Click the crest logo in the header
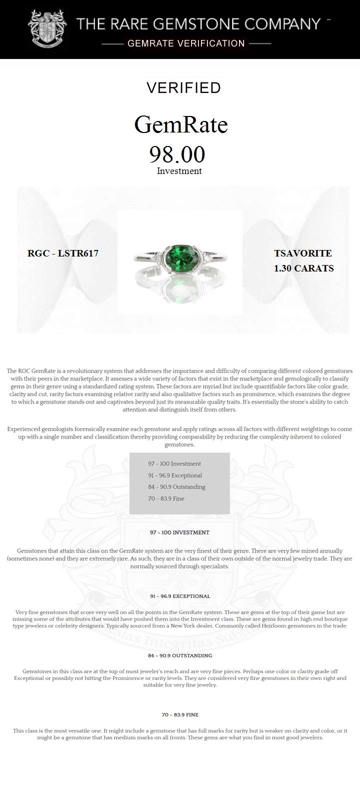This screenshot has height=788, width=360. tap(47, 29)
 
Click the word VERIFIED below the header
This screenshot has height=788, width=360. tap(183, 88)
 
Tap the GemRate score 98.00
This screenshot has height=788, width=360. tap(177, 154)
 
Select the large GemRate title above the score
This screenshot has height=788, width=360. tap(181, 124)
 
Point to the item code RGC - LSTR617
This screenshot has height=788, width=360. tap(63, 253)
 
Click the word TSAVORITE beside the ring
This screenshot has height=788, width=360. tap(302, 253)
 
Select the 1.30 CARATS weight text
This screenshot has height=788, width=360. tap(303, 268)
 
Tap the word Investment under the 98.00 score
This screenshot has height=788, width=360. tap(179, 171)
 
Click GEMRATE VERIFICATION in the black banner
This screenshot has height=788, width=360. tap(186, 43)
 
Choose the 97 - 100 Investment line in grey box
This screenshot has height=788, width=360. tap(174, 464)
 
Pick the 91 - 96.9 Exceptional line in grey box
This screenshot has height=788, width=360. tap(175, 475)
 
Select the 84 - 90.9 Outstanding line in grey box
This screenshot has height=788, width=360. tap(176, 487)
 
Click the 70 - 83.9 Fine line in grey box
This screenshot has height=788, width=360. tap(166, 498)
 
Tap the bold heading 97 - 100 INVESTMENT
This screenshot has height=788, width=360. tap(179, 532)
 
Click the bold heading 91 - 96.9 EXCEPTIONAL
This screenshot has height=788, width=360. tap(179, 596)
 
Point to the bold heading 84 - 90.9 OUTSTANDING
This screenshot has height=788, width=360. tap(179, 655)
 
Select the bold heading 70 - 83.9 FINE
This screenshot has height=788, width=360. tap(179, 715)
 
